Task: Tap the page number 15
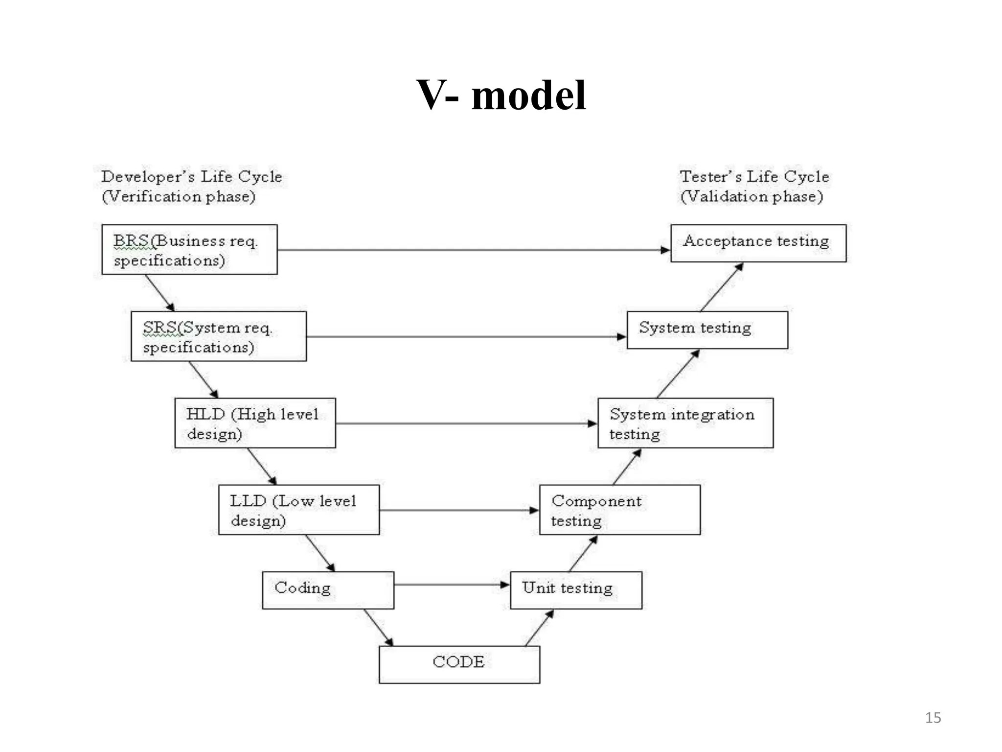(933, 718)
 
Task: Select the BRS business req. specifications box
(189, 250)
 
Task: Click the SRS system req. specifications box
(219, 336)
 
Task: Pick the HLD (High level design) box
(255, 423)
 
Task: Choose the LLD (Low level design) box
(298, 510)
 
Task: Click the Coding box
(328, 590)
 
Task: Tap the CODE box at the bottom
(459, 664)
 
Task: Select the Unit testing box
(576, 590)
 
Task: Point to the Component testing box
(619, 510)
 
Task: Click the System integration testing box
(685, 423)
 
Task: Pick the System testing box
(707, 330)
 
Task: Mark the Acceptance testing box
(758, 243)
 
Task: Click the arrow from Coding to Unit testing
(451, 585)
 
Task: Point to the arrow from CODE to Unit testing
(539, 628)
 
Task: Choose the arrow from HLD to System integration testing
(466, 423)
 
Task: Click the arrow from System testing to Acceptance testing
(722, 287)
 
